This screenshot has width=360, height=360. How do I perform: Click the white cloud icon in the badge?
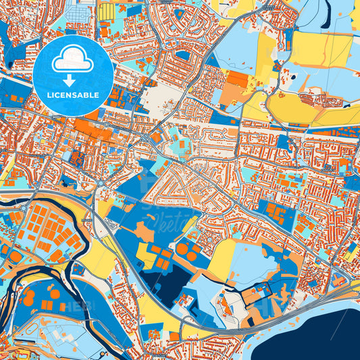coord(73,60)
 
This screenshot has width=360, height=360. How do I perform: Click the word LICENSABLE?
coord(73,95)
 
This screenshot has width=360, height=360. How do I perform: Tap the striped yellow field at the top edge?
coord(106,12)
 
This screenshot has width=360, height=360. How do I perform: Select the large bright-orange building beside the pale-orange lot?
coord(237,81)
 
